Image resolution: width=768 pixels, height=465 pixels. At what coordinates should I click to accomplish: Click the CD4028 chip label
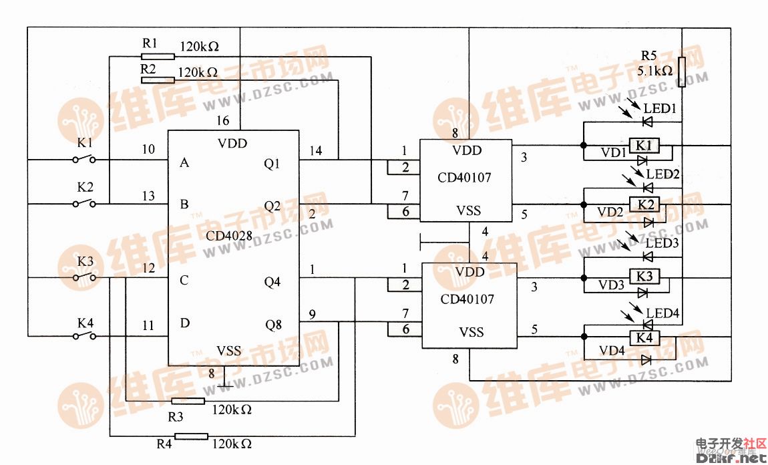click(x=230, y=235)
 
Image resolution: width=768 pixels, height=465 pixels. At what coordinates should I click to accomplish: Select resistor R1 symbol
click(x=158, y=57)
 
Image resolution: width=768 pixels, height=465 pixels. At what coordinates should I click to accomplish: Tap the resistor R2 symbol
click(x=158, y=80)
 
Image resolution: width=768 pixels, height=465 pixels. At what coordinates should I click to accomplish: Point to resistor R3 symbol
click(x=188, y=401)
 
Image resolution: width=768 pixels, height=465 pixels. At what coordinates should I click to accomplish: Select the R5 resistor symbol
click(x=681, y=72)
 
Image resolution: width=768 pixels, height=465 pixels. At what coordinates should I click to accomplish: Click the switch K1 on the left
click(x=83, y=160)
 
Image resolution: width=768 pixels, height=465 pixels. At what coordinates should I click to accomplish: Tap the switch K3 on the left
click(x=83, y=277)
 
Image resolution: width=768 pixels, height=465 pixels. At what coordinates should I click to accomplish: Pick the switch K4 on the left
click(x=83, y=335)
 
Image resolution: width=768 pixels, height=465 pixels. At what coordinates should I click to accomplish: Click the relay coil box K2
click(x=645, y=204)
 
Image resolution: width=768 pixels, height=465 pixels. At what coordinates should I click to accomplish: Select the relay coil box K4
click(x=645, y=338)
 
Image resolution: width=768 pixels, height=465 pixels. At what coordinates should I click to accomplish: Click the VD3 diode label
click(x=610, y=285)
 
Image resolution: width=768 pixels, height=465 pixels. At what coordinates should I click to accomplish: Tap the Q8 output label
click(x=273, y=325)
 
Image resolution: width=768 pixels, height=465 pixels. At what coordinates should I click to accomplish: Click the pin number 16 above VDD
click(x=222, y=121)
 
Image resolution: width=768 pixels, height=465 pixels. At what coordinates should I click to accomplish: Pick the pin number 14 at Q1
click(x=315, y=151)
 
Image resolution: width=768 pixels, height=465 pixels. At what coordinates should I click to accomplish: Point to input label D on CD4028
click(x=185, y=323)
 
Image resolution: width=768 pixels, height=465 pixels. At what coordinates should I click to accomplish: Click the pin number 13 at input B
click(x=148, y=196)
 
